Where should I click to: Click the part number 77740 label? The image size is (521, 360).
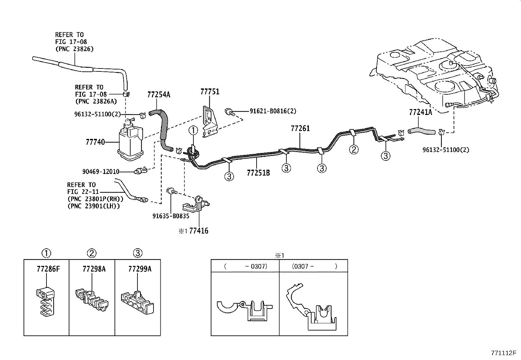(x=95, y=142)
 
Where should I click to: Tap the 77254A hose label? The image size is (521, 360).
(x=159, y=95)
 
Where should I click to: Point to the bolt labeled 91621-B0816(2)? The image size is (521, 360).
(x=229, y=112)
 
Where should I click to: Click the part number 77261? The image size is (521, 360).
(x=300, y=129)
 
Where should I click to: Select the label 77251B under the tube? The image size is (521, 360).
(x=258, y=173)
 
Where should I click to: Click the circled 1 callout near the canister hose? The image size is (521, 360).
(x=193, y=131)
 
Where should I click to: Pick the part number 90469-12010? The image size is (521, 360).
(x=101, y=172)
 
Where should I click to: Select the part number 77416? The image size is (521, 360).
(x=199, y=231)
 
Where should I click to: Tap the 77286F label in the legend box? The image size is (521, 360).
(x=48, y=269)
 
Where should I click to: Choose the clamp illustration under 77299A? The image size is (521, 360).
(x=137, y=300)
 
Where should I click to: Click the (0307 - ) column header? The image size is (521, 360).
(x=314, y=266)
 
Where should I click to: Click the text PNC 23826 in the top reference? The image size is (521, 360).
(x=74, y=49)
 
